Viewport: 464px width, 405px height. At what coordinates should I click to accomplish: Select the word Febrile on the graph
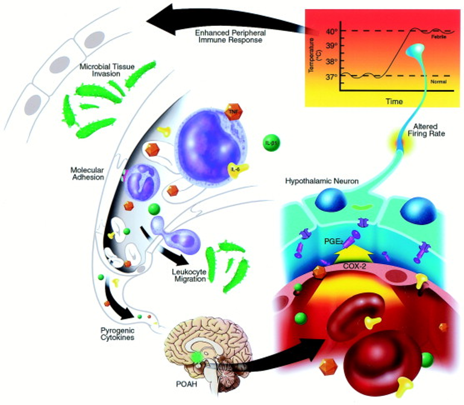(x=439, y=37)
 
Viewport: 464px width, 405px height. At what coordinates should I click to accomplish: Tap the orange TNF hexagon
(x=232, y=111)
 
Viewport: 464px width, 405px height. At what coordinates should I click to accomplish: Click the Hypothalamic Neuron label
(x=322, y=180)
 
